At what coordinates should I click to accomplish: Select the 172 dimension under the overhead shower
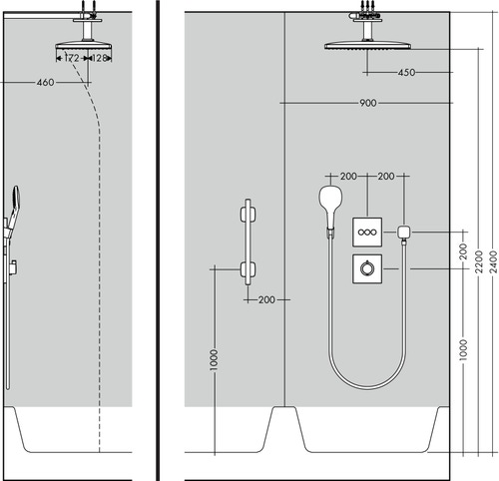[71, 59]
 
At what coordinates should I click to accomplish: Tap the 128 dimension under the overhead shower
[101, 59]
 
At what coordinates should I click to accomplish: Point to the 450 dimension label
[405, 73]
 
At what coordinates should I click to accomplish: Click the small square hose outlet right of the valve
[403, 232]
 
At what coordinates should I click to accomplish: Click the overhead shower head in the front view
[367, 45]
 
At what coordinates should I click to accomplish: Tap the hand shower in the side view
[15, 205]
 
